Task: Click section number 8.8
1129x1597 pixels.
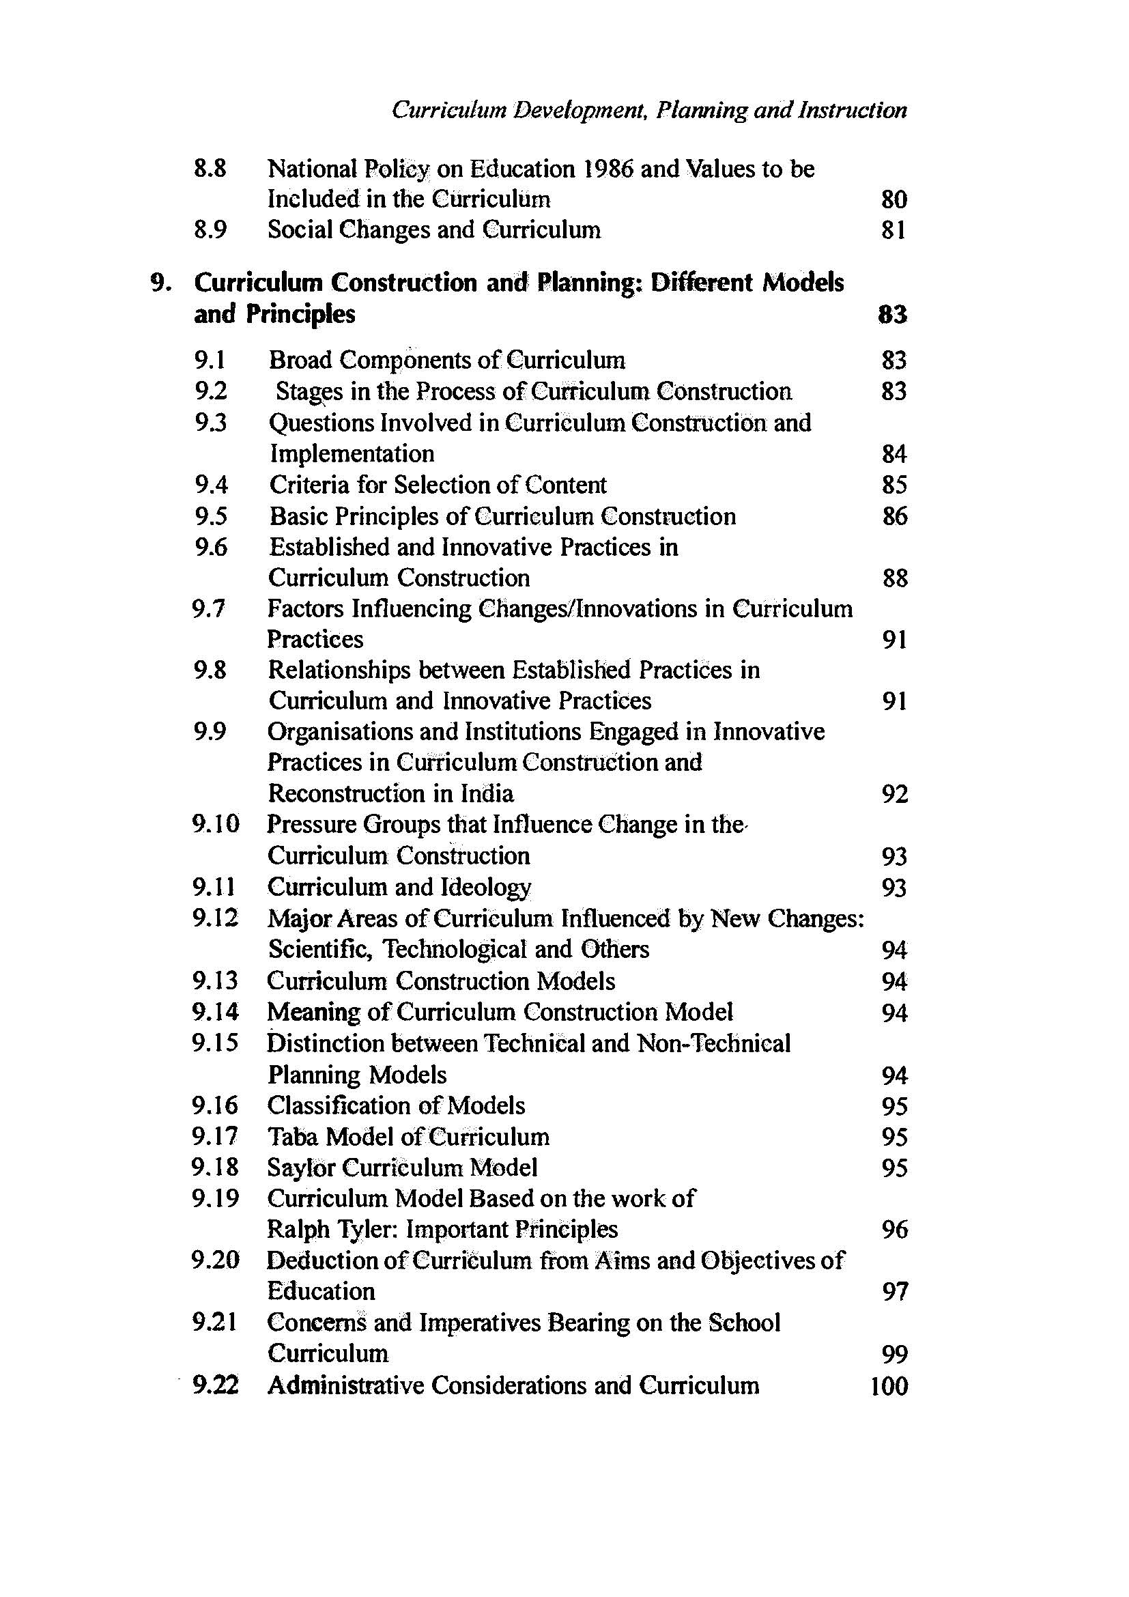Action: pyautogui.click(x=210, y=169)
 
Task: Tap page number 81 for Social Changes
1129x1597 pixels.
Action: pyautogui.click(x=894, y=230)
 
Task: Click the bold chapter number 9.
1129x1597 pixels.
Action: pyautogui.click(x=160, y=283)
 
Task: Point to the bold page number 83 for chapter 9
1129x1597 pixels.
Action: pyautogui.click(x=893, y=315)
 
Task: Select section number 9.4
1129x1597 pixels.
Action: pyautogui.click(x=212, y=485)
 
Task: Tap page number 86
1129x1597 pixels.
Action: pyautogui.click(x=894, y=517)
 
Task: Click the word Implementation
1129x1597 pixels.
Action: pyautogui.click(x=352, y=454)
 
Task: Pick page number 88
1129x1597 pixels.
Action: pyautogui.click(x=894, y=579)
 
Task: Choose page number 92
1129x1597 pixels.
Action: pyautogui.click(x=894, y=794)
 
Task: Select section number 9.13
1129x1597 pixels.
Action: pyautogui.click(x=216, y=981)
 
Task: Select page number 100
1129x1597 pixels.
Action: pyautogui.click(x=889, y=1387)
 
